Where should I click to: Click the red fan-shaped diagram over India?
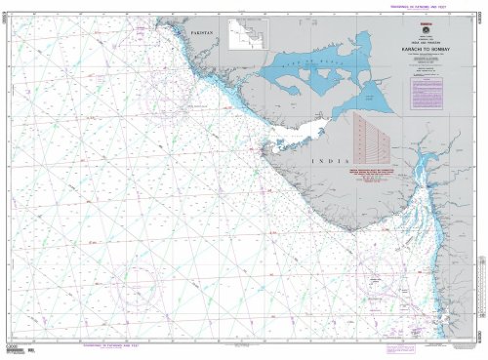point(372,138)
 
